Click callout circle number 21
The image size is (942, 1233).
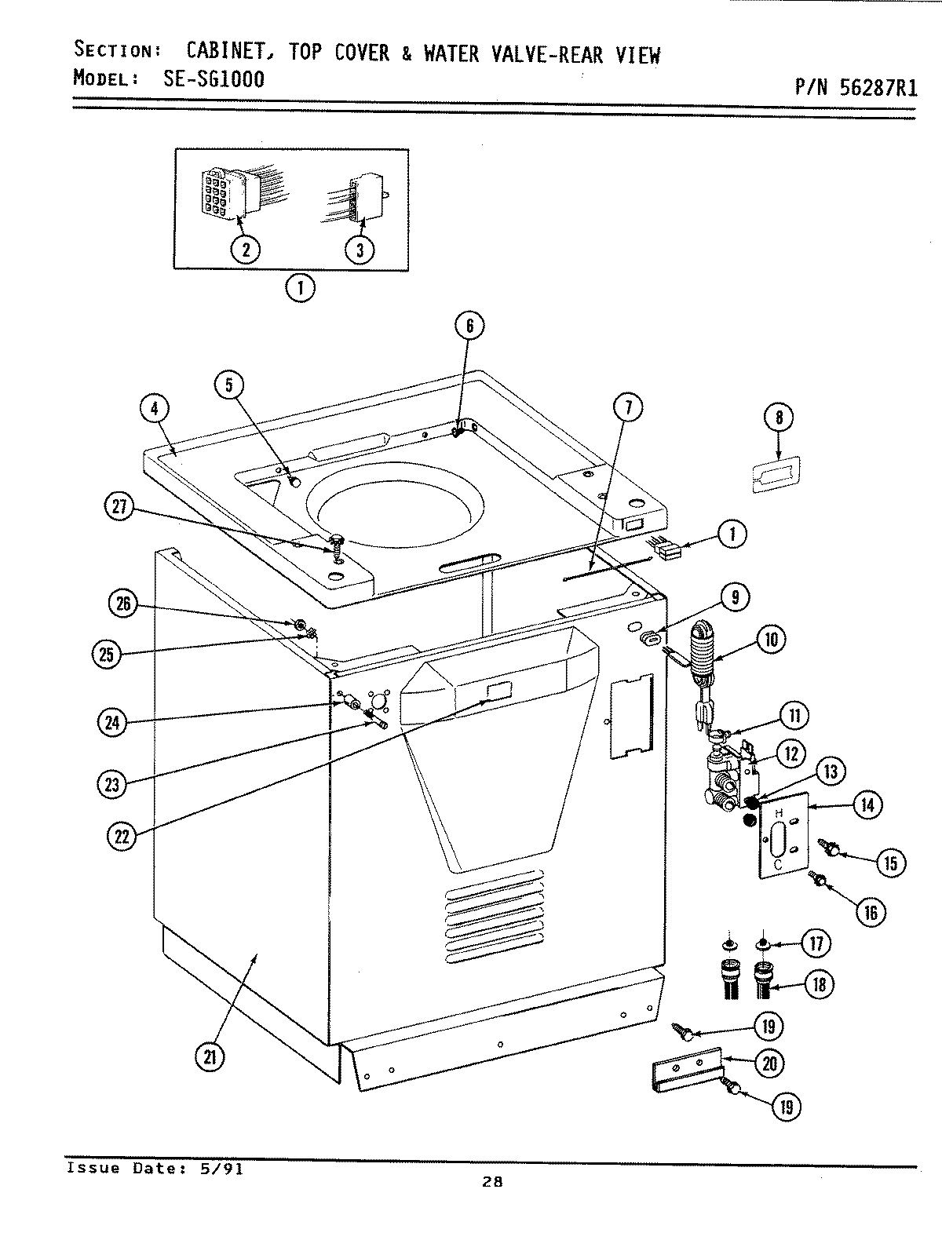pyautogui.click(x=209, y=1057)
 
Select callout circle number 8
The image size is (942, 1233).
pyautogui.click(x=779, y=418)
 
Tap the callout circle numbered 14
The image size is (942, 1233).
pyautogui.click(x=868, y=805)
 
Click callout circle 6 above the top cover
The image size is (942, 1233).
pyautogui.click(x=469, y=326)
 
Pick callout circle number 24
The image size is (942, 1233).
pyautogui.click(x=113, y=721)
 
